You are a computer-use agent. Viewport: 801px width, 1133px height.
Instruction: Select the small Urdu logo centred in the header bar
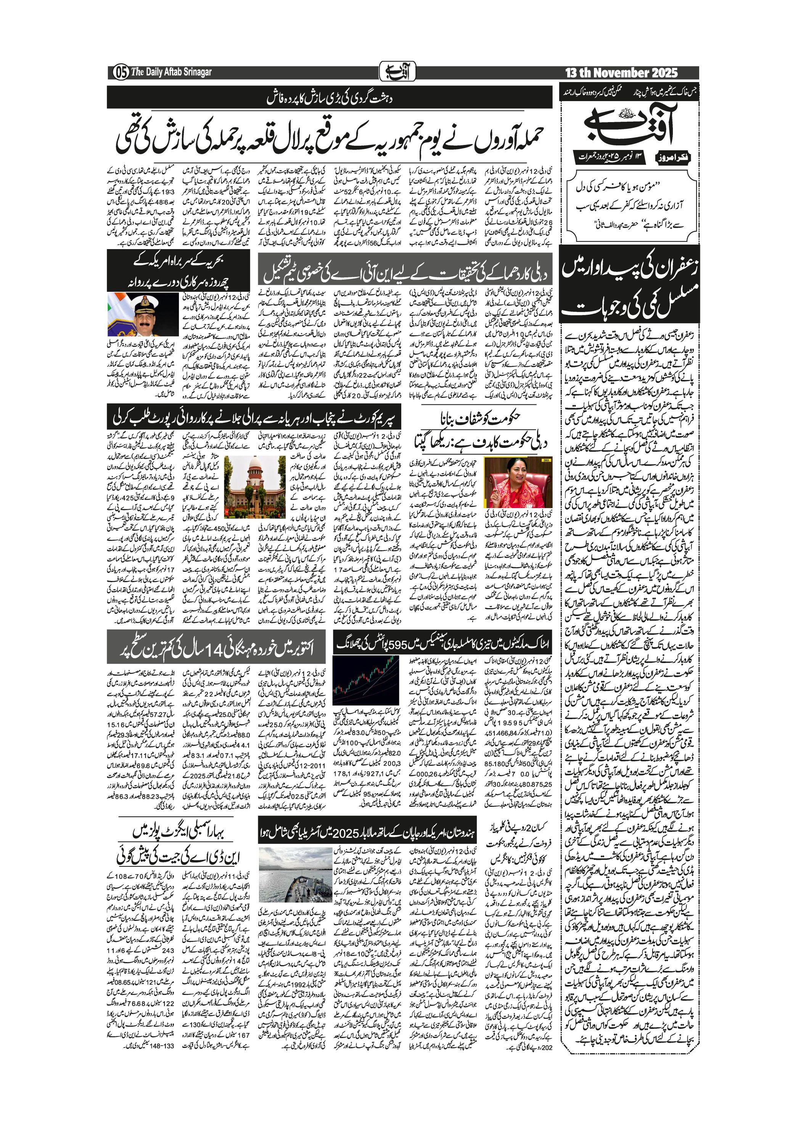(397, 72)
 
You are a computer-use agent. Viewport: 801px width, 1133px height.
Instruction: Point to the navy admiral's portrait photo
(129, 315)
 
